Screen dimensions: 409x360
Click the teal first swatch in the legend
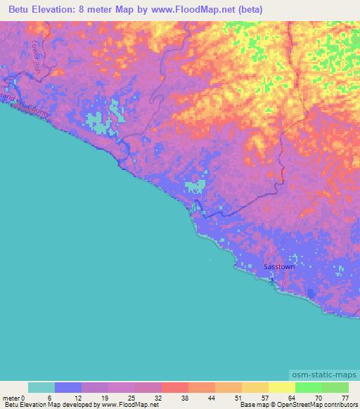point(41,387)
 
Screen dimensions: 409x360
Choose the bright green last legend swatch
point(335,387)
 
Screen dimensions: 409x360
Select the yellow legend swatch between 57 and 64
point(282,387)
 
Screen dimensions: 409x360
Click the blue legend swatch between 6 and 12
point(68,387)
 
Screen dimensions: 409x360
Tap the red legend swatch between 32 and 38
point(175,387)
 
